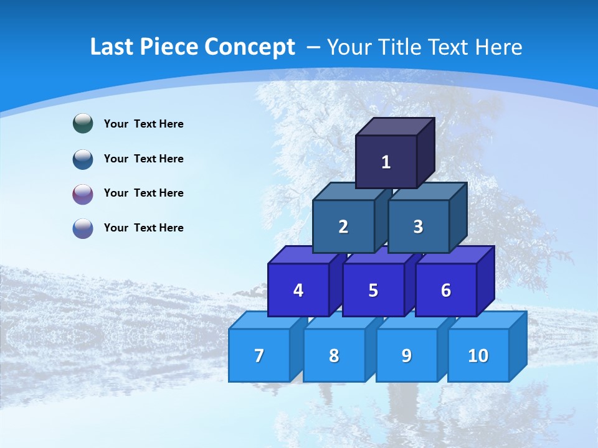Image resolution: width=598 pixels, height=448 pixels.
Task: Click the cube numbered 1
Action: click(x=386, y=162)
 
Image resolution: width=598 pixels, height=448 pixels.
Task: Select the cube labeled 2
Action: click(x=343, y=226)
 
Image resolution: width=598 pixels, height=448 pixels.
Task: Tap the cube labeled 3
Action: click(x=418, y=226)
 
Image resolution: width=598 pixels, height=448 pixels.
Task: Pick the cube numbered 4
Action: click(x=298, y=290)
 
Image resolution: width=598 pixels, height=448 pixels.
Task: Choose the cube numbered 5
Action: click(x=373, y=290)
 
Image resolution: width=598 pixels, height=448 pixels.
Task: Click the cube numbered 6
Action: click(x=445, y=290)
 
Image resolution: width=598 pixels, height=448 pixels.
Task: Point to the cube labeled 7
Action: click(x=259, y=355)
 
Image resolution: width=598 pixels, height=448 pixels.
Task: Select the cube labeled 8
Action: click(x=334, y=355)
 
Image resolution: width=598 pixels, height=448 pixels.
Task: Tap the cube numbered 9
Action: click(x=406, y=355)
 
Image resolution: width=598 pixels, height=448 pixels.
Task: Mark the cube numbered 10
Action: click(x=478, y=355)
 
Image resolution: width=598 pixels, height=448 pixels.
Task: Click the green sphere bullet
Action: click(x=83, y=124)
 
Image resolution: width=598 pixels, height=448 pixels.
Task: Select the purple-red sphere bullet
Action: click(x=83, y=194)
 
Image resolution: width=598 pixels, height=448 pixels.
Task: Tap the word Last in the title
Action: click(x=112, y=47)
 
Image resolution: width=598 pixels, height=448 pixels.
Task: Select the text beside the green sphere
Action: click(x=144, y=124)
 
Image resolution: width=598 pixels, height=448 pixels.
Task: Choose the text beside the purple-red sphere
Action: click(x=144, y=193)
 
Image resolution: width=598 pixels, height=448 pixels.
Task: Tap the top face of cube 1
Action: click(x=394, y=126)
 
